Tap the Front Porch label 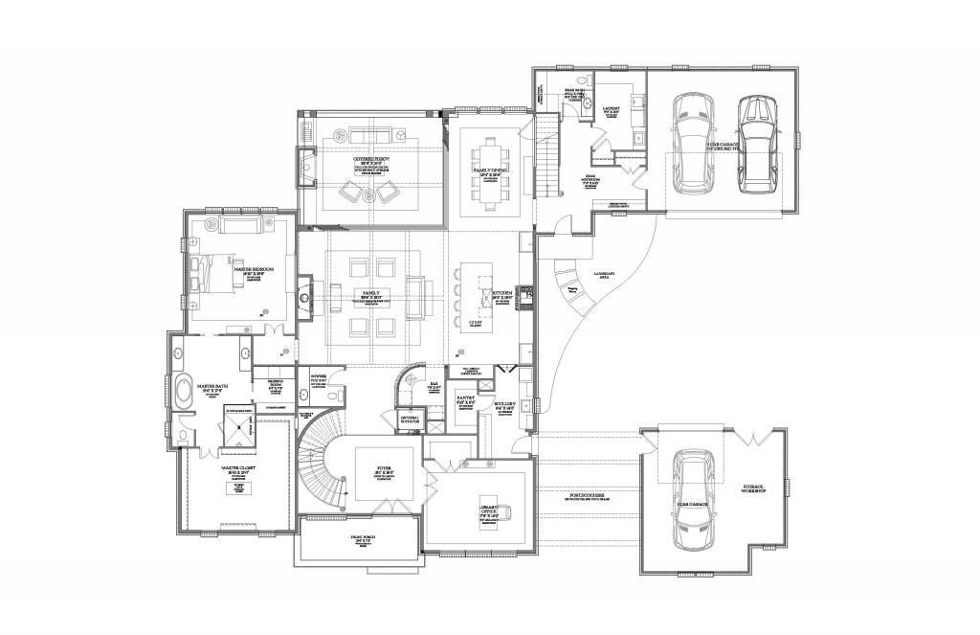(x=362, y=539)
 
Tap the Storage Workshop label (x=753, y=489)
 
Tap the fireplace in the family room (x=305, y=291)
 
